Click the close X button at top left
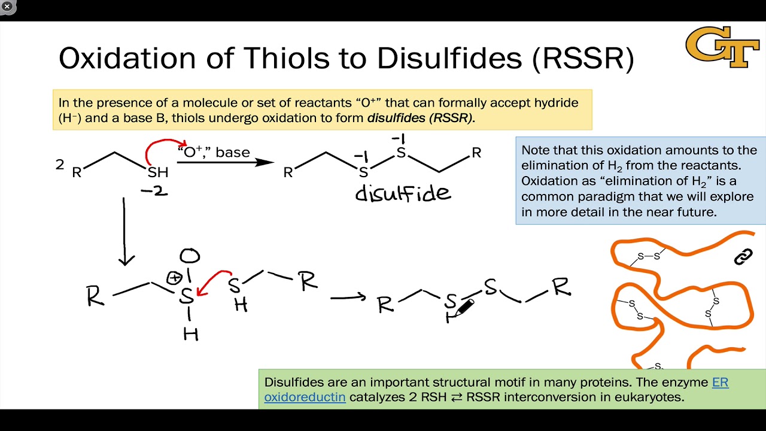click(7, 7)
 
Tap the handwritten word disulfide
click(402, 193)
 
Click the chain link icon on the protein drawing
click(743, 257)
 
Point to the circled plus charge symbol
click(174, 278)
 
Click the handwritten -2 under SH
click(154, 192)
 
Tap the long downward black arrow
click(125, 231)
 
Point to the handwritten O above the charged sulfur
click(190, 256)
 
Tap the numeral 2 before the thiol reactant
click(59, 164)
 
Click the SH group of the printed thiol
click(158, 172)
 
